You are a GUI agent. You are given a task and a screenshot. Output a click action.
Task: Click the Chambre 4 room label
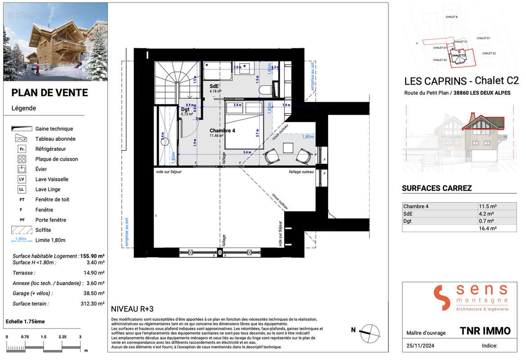[222, 130]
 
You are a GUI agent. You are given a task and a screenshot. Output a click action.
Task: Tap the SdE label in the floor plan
[214, 85]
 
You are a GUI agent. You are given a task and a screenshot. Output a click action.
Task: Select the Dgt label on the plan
[185, 109]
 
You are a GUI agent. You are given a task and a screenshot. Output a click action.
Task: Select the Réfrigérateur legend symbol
[22, 149]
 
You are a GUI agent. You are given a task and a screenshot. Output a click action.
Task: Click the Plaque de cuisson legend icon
[22, 159]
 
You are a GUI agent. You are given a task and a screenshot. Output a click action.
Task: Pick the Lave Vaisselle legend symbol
[22, 179]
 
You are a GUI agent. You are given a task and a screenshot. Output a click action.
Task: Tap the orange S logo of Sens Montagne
[441, 297]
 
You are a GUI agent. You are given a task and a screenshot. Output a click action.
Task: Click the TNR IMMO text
[485, 331]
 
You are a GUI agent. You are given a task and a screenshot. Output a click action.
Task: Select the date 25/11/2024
[419, 346]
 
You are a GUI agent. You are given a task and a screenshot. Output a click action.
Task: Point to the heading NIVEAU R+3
[132, 309]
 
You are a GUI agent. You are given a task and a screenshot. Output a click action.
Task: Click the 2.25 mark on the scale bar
[62, 337]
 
